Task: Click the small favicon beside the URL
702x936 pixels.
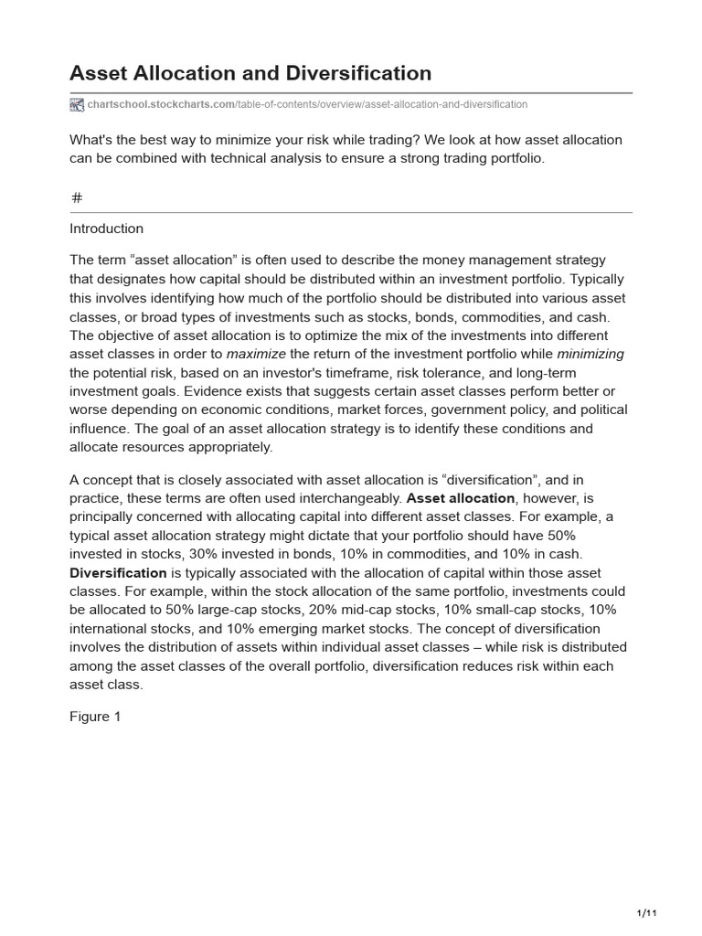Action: pyautogui.click(x=77, y=104)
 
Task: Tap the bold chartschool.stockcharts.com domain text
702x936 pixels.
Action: pyautogui.click(x=161, y=104)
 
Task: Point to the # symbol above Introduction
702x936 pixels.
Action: pyautogui.click(x=77, y=197)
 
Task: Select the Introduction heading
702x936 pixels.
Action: pyautogui.click(x=106, y=229)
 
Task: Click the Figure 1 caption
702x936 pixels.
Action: pyautogui.click(x=95, y=717)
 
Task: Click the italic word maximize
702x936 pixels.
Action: pyautogui.click(x=256, y=354)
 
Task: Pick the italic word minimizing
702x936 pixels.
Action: pyautogui.click(x=590, y=354)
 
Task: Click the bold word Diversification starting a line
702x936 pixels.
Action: pyautogui.click(x=118, y=573)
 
